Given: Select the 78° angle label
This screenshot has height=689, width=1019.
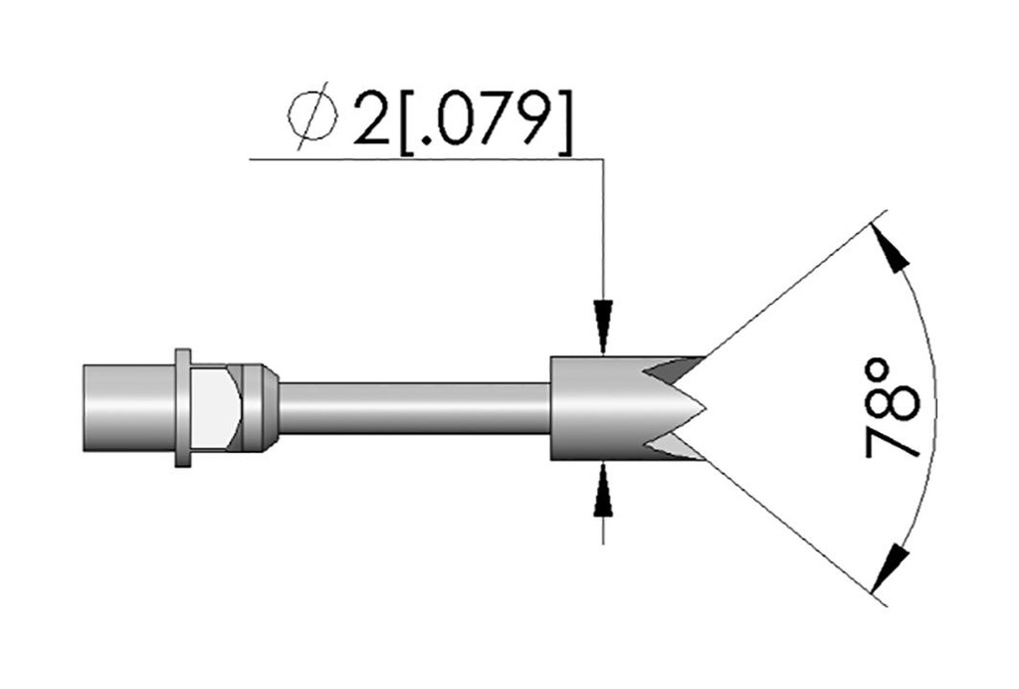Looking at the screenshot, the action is [894, 407].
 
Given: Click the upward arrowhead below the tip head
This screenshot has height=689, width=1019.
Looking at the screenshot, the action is [604, 488].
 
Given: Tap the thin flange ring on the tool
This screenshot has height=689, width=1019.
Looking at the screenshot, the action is [183, 407].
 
